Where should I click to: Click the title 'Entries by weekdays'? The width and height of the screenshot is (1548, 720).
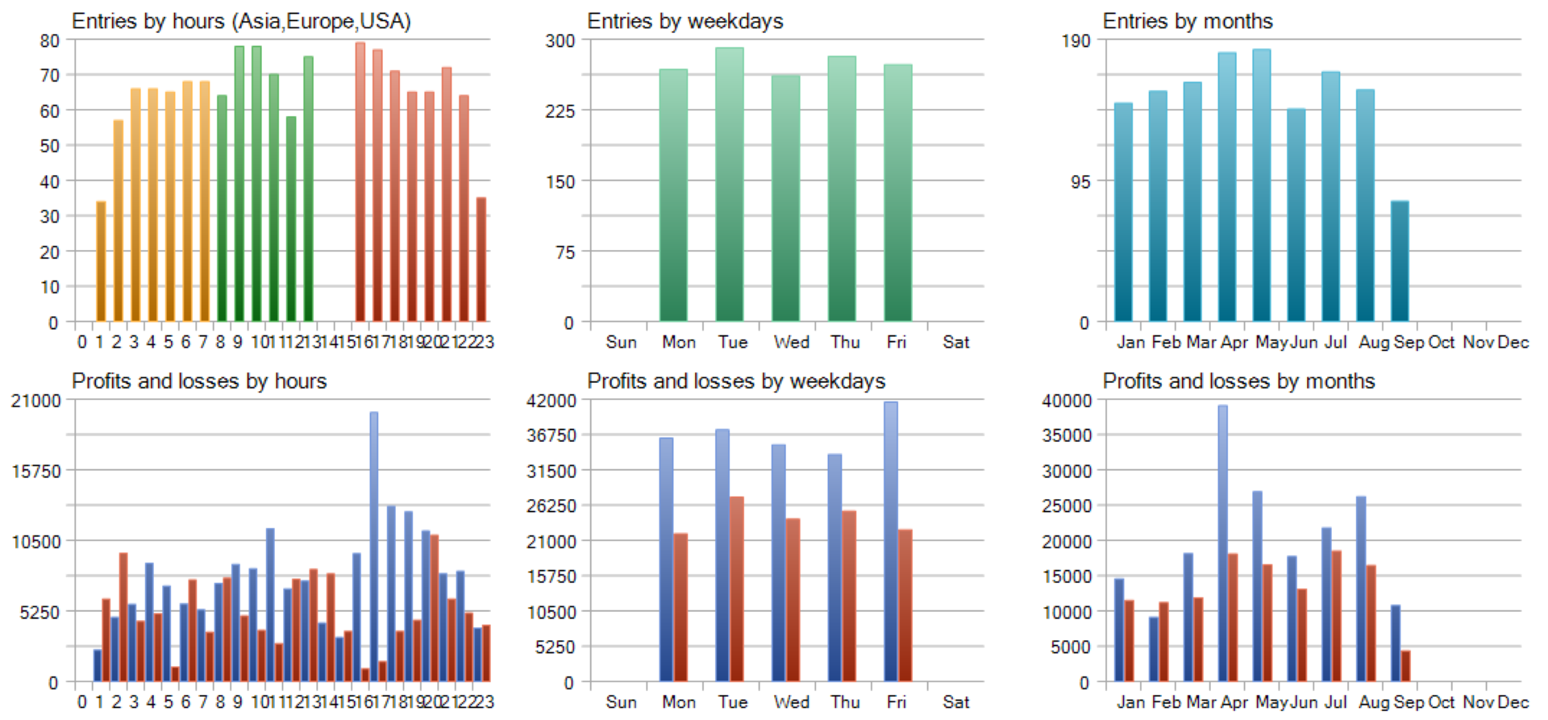685,21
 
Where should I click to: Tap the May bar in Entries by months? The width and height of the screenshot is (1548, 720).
1261,185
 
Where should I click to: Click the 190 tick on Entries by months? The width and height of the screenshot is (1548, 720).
1076,40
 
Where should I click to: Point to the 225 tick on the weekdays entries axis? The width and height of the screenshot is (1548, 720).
560,110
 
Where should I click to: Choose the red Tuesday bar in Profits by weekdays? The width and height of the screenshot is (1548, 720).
737,589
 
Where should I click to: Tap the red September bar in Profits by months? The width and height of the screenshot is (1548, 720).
1406,666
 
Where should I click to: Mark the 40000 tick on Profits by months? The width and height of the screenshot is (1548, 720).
1067,401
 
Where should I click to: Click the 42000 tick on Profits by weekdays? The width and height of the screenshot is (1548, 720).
551,401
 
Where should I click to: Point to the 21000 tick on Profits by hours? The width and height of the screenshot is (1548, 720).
36,401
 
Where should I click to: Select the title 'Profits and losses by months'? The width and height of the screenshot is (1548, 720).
1238,381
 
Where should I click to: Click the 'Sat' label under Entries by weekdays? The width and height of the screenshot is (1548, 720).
955,342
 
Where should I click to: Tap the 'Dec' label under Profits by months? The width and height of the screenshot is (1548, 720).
1513,702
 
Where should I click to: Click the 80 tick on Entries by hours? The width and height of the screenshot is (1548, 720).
50,40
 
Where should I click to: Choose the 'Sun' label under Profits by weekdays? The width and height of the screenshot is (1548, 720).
621,702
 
